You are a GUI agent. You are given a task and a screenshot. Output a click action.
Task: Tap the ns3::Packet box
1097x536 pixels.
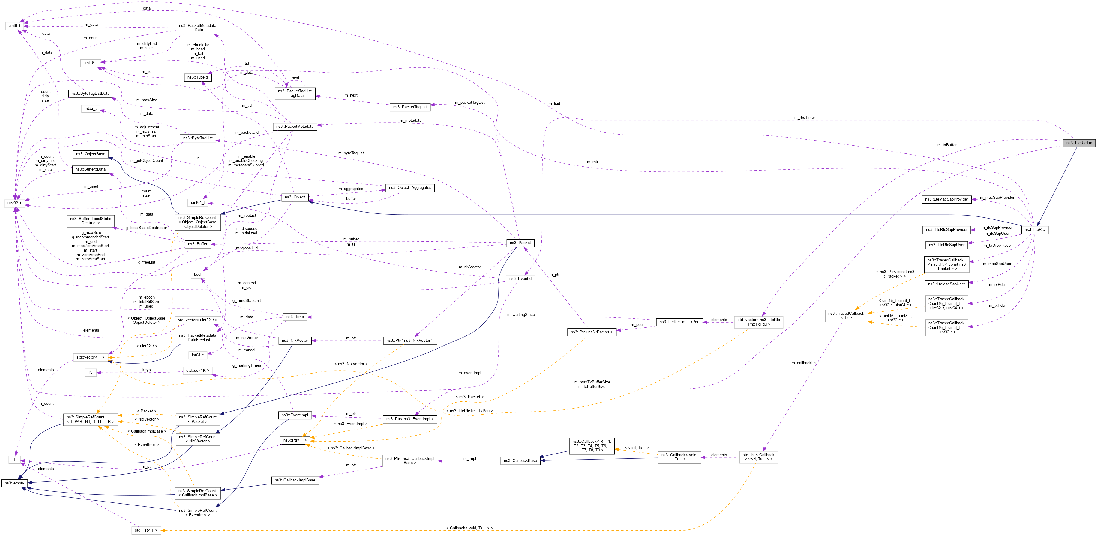pyautogui.click(x=520, y=243)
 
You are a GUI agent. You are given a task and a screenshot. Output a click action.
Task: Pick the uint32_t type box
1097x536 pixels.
pyautogui.click(x=14, y=203)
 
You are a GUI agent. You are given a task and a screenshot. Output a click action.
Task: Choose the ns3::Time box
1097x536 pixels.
pyautogui.click(x=295, y=317)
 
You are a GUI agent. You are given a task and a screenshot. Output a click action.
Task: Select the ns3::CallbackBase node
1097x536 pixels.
pyautogui.click(x=520, y=461)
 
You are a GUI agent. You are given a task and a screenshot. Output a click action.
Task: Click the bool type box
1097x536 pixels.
pyautogui.click(x=198, y=275)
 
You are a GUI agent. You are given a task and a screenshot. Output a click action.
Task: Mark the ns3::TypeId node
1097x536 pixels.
pyautogui.click(x=198, y=77)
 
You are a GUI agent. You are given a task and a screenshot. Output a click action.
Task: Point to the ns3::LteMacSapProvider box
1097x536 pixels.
pyautogui.click(x=946, y=199)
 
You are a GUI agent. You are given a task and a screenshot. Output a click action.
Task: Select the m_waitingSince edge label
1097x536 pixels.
pyautogui.click(x=520, y=315)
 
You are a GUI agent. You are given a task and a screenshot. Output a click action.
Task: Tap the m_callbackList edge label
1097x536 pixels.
pyautogui.click(x=804, y=363)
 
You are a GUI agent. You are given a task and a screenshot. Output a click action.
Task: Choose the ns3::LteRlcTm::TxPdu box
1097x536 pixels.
pyautogui.click(x=679, y=322)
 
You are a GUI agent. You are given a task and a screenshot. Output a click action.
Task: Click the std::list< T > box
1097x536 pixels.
pyautogui.click(x=146, y=530)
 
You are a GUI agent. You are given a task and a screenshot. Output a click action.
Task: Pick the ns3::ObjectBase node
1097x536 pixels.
pyautogui.click(x=90, y=154)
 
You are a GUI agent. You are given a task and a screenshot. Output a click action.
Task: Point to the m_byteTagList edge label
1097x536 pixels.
pyautogui.click(x=351, y=153)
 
